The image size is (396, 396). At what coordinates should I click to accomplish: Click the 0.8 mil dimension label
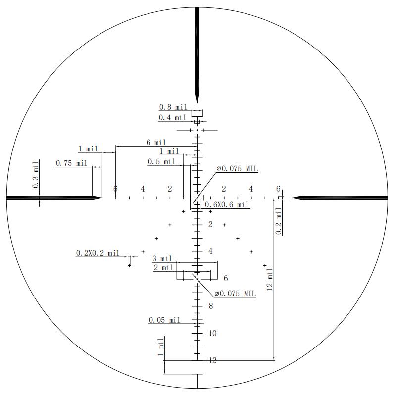(173, 107)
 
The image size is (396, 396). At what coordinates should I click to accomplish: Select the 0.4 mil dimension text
(172, 118)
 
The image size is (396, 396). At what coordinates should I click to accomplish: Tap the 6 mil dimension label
(156, 143)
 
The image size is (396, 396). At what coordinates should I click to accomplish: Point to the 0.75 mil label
(71, 163)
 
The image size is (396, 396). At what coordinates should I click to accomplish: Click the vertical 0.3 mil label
(36, 174)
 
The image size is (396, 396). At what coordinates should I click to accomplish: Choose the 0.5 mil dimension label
(162, 162)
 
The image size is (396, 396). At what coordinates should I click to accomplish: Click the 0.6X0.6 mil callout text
(227, 204)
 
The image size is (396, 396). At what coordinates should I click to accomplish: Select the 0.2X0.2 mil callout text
(98, 253)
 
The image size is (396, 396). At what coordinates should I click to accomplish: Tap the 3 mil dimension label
(162, 258)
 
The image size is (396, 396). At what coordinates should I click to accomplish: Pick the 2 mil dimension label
(163, 267)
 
